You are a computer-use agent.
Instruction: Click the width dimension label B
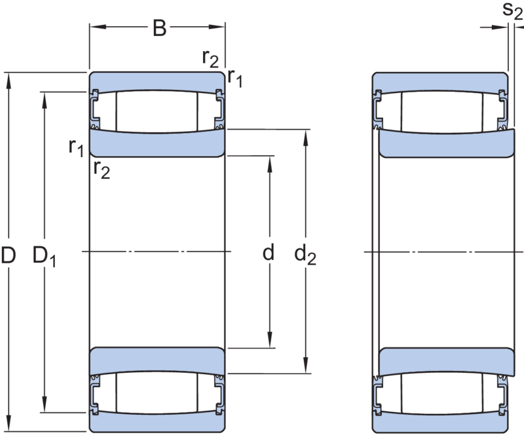coord(159,29)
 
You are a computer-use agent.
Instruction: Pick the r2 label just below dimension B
coord(211,60)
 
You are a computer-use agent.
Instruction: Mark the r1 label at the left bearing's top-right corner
coord(236,79)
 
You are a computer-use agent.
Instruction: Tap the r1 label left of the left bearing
coord(76,147)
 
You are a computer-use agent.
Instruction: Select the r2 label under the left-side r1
coord(102,170)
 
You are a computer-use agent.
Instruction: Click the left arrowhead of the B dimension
coord(94,29)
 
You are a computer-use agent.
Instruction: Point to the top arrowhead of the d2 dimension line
coord(305,135)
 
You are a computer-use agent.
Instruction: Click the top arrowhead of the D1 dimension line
coord(44,97)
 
